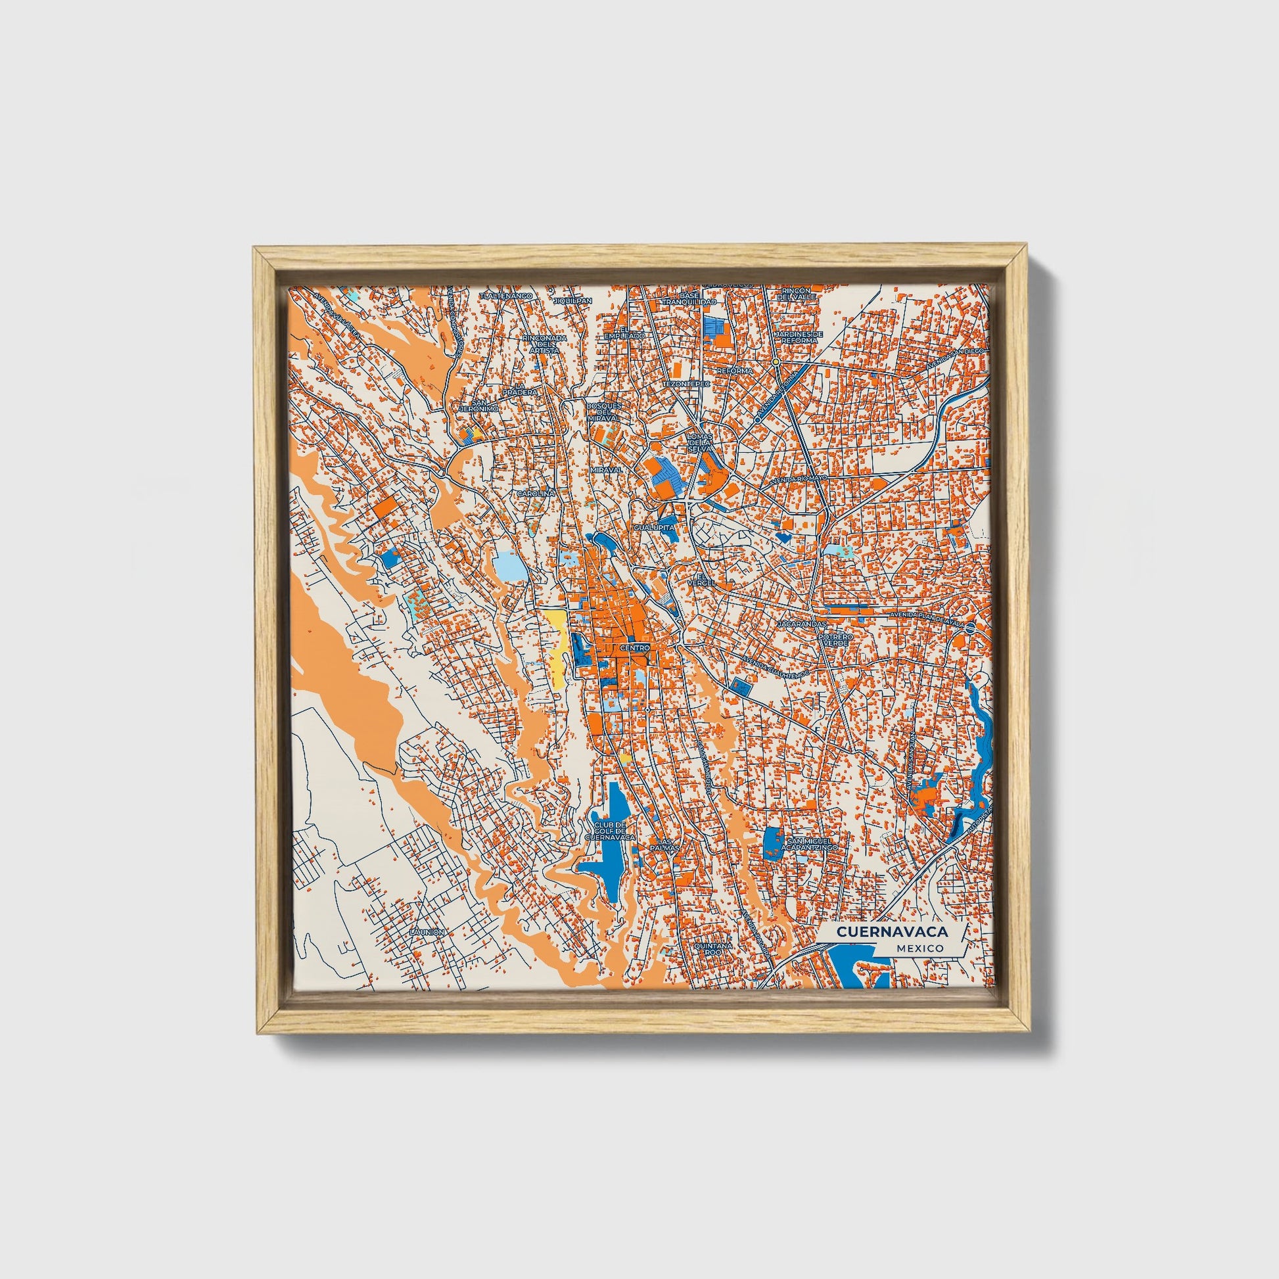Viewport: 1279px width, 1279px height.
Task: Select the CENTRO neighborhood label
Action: coord(635,647)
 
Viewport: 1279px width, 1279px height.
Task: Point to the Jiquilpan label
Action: coord(572,300)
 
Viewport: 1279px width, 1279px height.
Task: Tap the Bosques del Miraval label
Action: coord(603,411)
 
